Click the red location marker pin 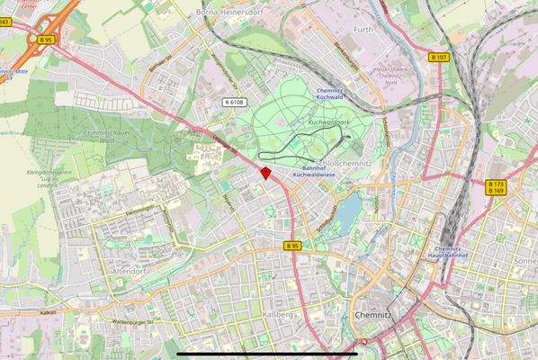tap(265, 172)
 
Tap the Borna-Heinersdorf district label tap(230, 13)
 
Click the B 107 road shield tap(439, 58)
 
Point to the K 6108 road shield tap(236, 103)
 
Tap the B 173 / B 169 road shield tap(496, 187)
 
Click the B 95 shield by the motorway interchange tap(44, 40)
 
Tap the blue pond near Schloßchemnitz tap(353, 209)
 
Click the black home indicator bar tap(269, 354)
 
